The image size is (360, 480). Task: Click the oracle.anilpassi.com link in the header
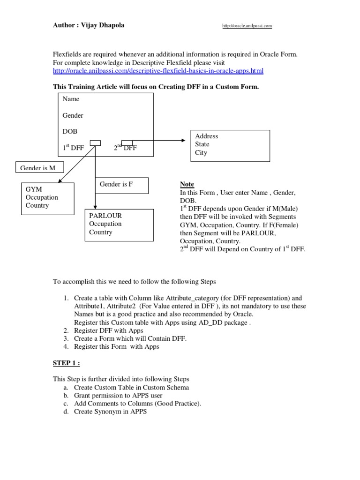247,26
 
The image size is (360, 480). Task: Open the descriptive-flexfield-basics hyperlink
158,71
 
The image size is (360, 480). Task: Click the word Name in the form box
71,99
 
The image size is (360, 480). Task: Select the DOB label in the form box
70,132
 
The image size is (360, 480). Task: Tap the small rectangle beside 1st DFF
95,142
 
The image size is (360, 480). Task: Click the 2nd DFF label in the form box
126,148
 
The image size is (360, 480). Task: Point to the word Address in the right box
207,136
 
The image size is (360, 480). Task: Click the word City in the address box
201,153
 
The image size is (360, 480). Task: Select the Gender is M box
39,168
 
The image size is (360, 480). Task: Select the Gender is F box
122,185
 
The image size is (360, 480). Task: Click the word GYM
34,189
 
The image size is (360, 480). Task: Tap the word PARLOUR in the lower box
105,216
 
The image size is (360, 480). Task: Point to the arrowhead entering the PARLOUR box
95,206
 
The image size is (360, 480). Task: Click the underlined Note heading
187,184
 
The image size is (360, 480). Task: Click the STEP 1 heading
67,362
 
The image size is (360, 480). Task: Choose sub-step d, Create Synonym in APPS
110,412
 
